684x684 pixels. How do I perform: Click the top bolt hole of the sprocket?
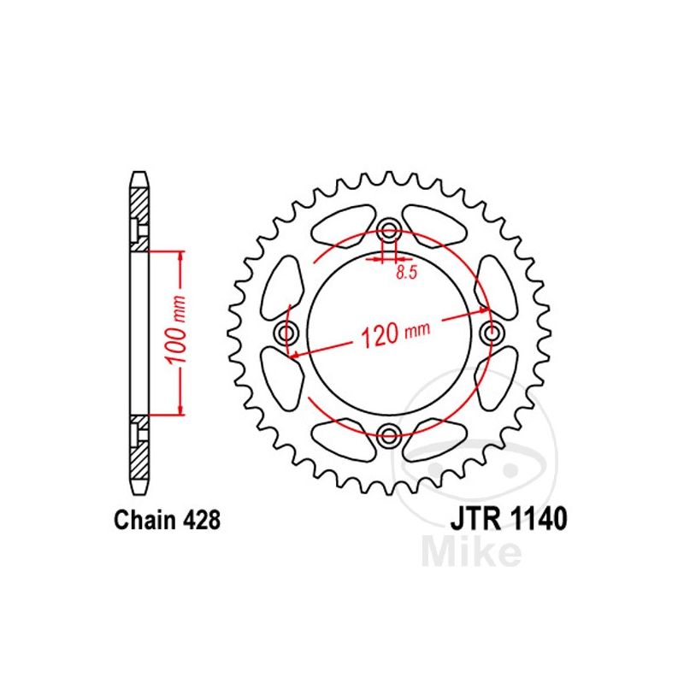(x=389, y=231)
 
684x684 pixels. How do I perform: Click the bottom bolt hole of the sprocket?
(x=389, y=434)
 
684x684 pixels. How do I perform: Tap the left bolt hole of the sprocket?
(x=287, y=333)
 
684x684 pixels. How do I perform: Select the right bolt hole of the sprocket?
(x=491, y=333)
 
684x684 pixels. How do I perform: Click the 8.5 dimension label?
(x=407, y=273)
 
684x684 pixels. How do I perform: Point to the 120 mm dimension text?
(x=396, y=333)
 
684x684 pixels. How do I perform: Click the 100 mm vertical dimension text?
(x=176, y=329)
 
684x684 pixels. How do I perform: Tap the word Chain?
(x=143, y=521)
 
